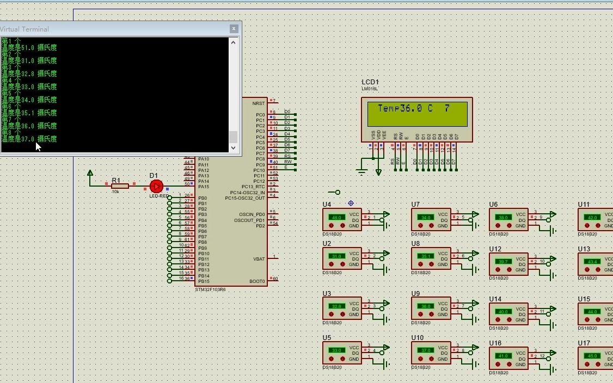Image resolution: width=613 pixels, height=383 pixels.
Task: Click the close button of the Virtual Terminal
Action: (x=234, y=29)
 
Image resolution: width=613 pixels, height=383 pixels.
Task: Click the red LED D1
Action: (x=156, y=186)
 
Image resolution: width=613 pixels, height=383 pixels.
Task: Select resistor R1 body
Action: (x=120, y=186)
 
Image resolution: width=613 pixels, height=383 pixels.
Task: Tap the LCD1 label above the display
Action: (x=370, y=82)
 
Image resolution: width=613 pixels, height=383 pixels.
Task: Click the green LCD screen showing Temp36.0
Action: (x=417, y=114)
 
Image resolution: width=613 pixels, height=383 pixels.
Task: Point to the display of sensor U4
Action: (x=336, y=217)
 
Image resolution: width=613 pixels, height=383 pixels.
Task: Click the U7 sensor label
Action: (x=415, y=205)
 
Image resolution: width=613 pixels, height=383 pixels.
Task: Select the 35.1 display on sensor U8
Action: (x=425, y=256)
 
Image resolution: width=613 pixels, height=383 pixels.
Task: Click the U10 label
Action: (x=417, y=338)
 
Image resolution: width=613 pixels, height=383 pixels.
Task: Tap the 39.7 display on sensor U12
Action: (x=502, y=262)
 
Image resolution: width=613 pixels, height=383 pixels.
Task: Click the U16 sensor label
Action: (x=495, y=343)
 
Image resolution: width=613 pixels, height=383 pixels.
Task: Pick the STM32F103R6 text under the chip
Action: (x=210, y=289)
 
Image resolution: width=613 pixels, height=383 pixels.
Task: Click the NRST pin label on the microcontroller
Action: (x=259, y=103)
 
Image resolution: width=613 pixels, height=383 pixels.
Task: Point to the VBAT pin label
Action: (x=259, y=259)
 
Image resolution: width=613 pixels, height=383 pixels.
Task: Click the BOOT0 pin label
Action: (x=258, y=281)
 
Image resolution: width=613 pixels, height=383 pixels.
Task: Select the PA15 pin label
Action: (x=204, y=187)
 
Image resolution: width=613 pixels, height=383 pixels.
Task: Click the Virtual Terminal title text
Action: (x=24, y=29)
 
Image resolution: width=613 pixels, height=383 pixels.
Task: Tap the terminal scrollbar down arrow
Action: (x=234, y=147)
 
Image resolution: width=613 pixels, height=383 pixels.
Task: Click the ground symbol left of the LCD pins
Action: (x=361, y=172)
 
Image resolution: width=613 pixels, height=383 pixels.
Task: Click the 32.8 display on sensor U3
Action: (x=336, y=306)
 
